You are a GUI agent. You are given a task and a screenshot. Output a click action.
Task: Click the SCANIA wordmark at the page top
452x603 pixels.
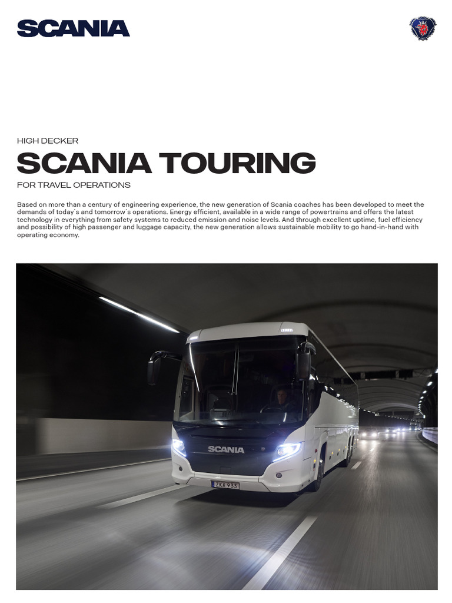click(73, 28)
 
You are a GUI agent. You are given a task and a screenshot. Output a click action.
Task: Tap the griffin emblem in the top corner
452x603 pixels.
click(423, 28)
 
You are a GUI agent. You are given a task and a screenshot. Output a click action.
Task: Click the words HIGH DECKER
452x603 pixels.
click(48, 141)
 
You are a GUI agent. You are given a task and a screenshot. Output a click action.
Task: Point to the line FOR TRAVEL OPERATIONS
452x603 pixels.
click(74, 185)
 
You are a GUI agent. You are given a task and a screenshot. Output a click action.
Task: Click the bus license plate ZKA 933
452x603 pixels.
click(225, 485)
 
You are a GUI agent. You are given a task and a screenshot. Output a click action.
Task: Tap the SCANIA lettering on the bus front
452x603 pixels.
click(226, 449)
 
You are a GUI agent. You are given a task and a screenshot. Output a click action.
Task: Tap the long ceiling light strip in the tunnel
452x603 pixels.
click(139, 314)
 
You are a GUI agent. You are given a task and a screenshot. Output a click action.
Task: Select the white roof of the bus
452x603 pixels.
click(247, 330)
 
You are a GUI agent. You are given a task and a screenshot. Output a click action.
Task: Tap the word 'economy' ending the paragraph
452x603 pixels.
click(65, 235)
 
